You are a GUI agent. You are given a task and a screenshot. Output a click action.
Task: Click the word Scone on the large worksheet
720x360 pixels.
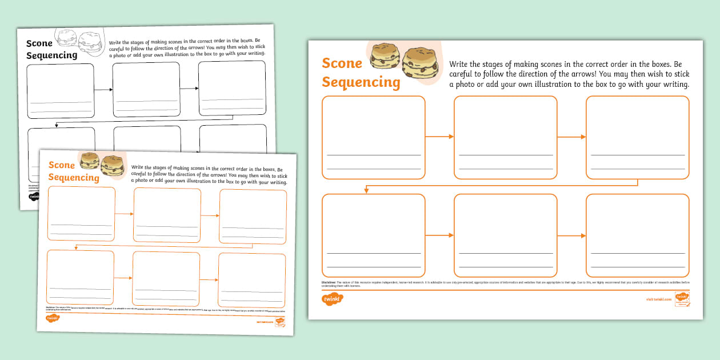click(342, 63)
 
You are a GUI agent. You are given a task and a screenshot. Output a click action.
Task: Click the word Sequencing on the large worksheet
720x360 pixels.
click(361, 82)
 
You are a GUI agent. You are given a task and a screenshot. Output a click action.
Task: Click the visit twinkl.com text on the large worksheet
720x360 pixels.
click(657, 299)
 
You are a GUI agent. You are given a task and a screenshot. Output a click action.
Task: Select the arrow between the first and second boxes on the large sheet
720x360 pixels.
click(439, 137)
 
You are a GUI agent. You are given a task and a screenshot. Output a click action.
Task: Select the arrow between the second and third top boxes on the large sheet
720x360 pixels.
click(571, 137)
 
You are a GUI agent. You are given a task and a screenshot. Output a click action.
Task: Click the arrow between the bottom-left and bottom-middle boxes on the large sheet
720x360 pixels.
click(439, 235)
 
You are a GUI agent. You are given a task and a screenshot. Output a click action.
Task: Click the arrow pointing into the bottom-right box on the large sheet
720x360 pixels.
click(571, 235)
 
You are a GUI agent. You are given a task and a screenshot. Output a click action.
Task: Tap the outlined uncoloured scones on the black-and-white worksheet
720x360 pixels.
click(78, 40)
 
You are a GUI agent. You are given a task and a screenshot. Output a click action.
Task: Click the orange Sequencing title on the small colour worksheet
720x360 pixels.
click(73, 178)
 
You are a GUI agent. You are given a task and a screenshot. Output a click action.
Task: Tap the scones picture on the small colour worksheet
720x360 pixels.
click(102, 163)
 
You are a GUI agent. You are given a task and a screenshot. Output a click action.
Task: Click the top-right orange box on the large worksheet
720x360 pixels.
click(637, 137)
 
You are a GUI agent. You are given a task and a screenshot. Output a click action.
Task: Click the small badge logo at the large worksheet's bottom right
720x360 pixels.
click(681, 298)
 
